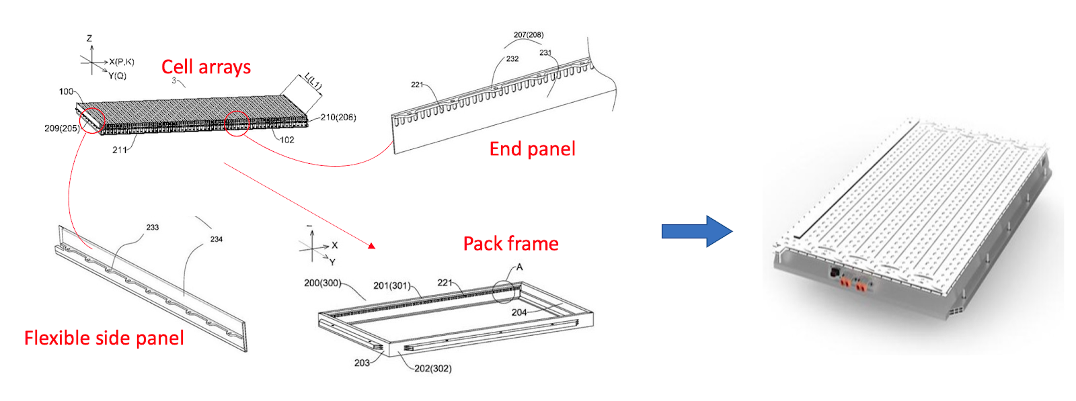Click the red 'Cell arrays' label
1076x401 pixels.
click(206, 67)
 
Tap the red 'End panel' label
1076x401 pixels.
click(532, 148)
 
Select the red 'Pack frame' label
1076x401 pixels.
click(510, 243)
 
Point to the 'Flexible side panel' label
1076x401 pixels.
click(104, 337)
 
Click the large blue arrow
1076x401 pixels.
click(697, 231)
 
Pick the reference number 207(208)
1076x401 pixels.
click(529, 35)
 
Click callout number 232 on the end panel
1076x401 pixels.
click(512, 59)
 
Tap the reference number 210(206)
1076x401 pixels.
click(338, 118)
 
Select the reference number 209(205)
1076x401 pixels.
click(62, 128)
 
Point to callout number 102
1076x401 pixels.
click(287, 140)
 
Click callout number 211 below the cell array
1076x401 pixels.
click(119, 150)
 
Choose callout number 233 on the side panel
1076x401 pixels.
click(153, 228)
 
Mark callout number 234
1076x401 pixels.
click(216, 239)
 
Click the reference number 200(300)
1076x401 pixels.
click(322, 283)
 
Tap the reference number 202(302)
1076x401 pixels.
click(432, 368)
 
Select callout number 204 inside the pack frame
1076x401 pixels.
click(519, 312)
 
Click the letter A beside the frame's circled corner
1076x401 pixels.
click(519, 267)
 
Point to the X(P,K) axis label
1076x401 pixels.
click(122, 62)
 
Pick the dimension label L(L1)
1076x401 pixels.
click(313, 81)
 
